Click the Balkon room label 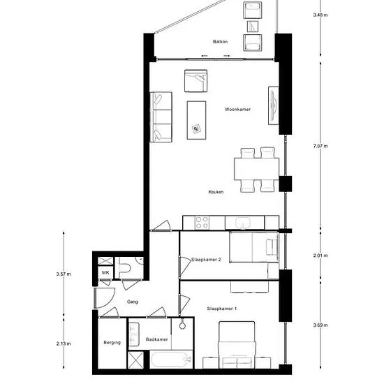(x=220, y=42)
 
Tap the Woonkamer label (x=237, y=109)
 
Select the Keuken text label (x=216, y=192)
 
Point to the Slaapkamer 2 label (x=206, y=259)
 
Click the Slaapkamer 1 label (x=221, y=309)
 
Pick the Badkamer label (x=156, y=339)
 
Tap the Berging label (x=112, y=342)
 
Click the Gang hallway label (x=132, y=302)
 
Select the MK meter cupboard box (x=105, y=272)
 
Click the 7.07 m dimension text (x=320, y=146)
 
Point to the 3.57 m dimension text (x=64, y=274)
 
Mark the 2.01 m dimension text (x=320, y=256)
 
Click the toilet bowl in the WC (x=125, y=268)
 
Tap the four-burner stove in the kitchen (x=202, y=223)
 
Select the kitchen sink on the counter (x=242, y=223)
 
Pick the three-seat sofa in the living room (x=161, y=117)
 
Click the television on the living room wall (x=274, y=105)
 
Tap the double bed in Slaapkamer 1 (x=237, y=345)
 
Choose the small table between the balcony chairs (x=253, y=27)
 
